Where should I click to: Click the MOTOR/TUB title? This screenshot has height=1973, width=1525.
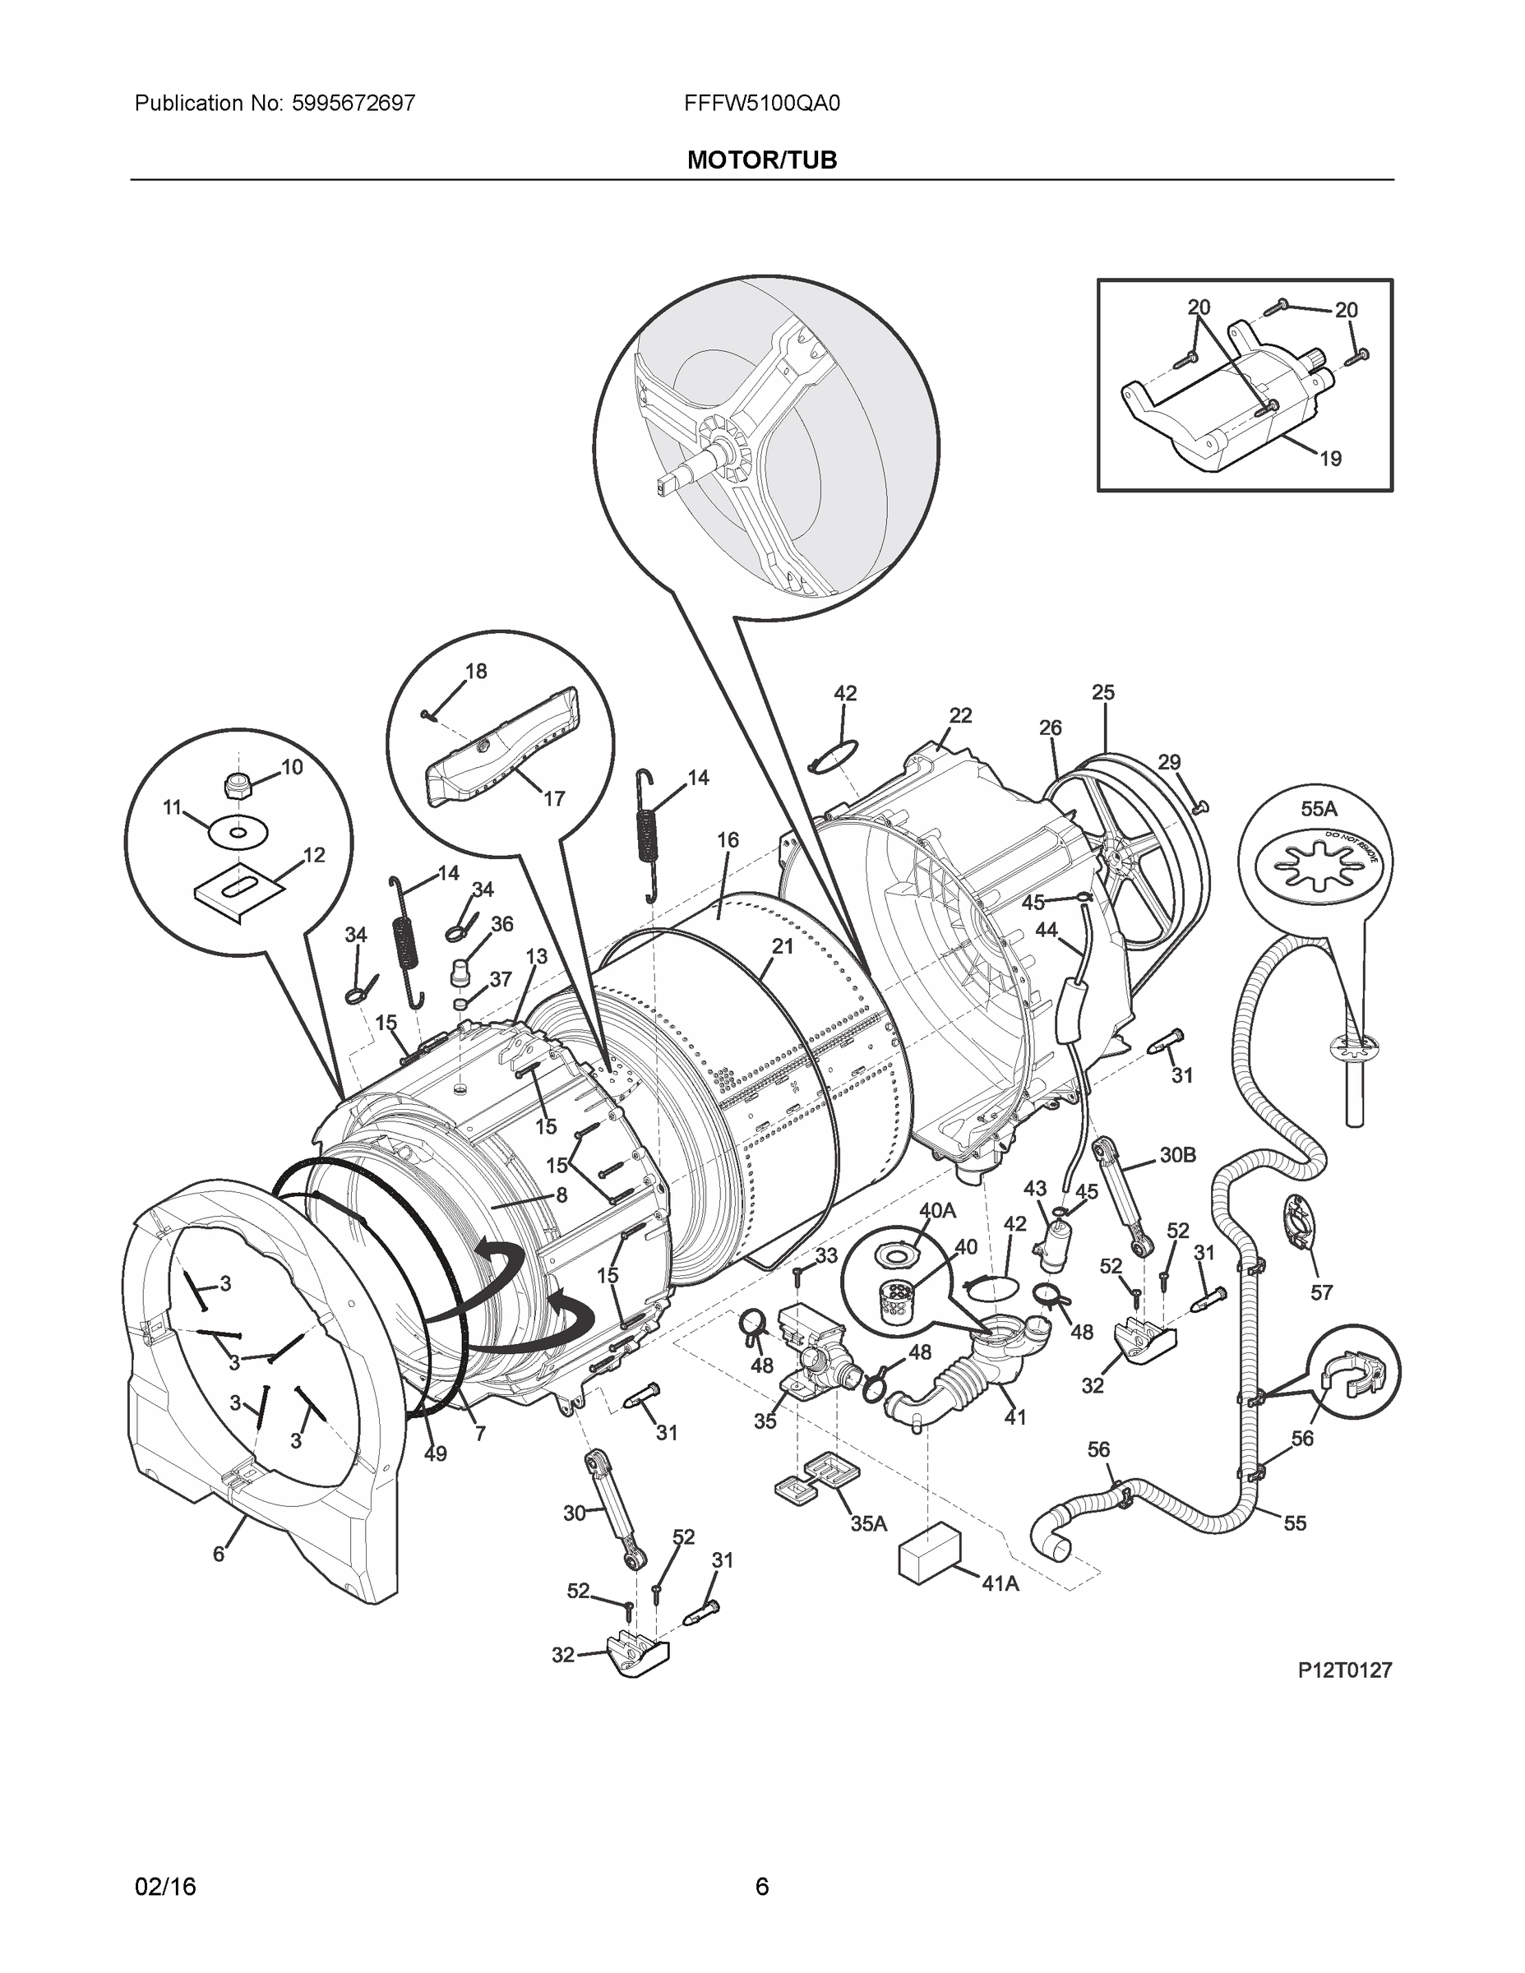coord(761,160)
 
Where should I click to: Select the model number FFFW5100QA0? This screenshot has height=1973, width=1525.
coord(761,104)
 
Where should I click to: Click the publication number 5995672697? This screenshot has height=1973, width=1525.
coord(354,104)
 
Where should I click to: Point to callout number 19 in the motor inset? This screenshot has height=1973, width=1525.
coord(1330,459)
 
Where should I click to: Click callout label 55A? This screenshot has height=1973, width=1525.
coord(1318,810)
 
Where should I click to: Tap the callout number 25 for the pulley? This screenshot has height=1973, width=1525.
coord(1103,692)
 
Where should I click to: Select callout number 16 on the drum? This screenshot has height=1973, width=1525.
coord(728,839)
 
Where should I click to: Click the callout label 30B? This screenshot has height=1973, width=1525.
coord(1178,1154)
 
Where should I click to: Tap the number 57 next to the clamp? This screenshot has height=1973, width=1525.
coord(1321,1293)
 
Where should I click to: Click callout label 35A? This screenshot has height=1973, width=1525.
coord(867,1523)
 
